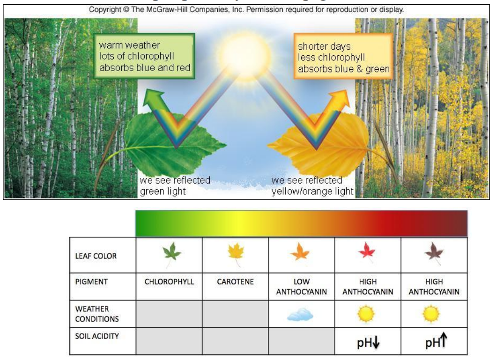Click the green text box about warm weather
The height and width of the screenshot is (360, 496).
(x=145, y=56)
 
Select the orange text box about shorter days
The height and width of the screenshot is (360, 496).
(x=344, y=58)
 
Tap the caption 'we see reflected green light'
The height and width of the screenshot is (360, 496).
(x=175, y=185)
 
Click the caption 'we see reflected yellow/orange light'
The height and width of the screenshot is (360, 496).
(x=312, y=185)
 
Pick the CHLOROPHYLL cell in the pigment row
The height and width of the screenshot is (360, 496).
(x=169, y=282)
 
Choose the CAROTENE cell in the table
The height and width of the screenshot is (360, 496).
(x=235, y=282)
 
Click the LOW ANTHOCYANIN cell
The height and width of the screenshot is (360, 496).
(x=301, y=287)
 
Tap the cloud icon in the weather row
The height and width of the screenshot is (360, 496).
(x=300, y=315)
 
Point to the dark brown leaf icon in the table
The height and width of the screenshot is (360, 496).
(x=433, y=254)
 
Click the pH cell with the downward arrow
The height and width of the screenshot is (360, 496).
(x=368, y=342)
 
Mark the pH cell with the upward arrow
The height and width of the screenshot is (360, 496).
(x=434, y=341)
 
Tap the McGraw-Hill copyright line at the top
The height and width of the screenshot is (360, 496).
(x=247, y=9)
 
